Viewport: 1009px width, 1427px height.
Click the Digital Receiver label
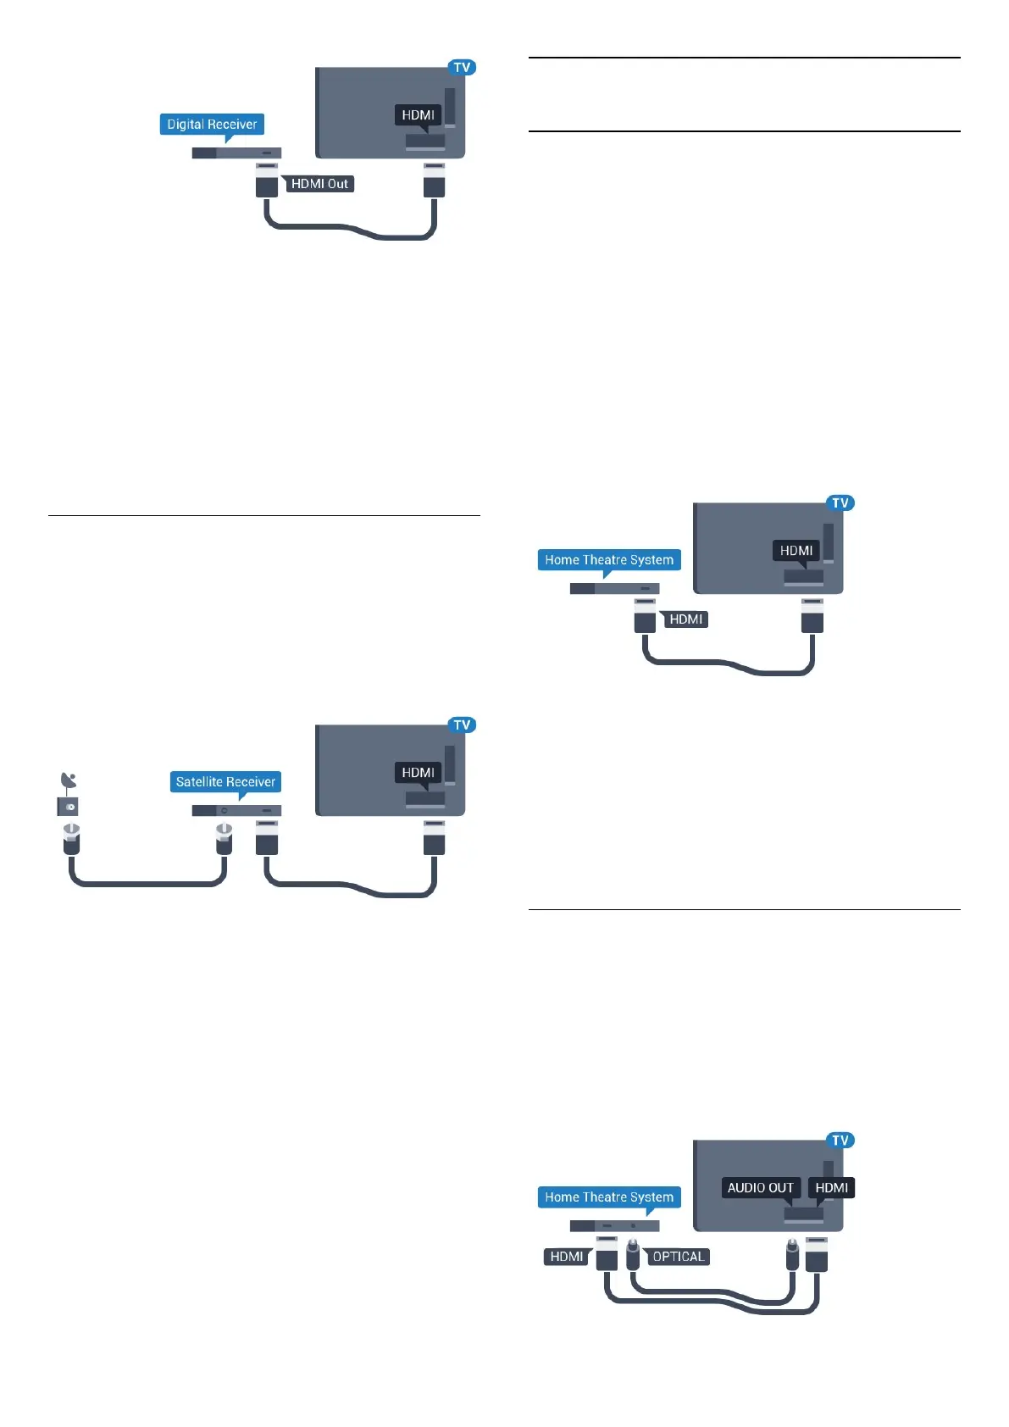(x=212, y=125)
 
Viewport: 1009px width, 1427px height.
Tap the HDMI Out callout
(x=319, y=184)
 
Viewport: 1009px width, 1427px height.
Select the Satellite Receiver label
(x=225, y=782)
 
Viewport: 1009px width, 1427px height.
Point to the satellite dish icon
(x=69, y=780)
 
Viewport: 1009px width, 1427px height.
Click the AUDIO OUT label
(x=760, y=1188)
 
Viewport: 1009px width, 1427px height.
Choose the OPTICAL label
(x=679, y=1257)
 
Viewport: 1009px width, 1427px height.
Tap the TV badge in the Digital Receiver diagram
(x=462, y=68)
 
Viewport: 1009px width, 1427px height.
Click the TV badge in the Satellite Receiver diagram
(x=462, y=725)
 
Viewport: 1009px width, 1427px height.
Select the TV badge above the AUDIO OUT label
(x=840, y=1141)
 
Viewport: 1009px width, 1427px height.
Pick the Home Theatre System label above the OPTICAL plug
(x=609, y=1197)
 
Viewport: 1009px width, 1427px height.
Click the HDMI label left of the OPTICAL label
(x=566, y=1257)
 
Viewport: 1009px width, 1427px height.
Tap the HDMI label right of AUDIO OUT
(x=831, y=1188)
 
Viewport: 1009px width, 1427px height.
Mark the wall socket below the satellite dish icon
(x=68, y=807)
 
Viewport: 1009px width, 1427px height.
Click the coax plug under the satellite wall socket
(x=71, y=839)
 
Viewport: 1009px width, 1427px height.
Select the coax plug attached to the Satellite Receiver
(x=224, y=839)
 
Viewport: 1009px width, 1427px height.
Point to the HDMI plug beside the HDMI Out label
(x=267, y=181)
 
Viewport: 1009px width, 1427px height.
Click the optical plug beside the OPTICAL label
(x=633, y=1254)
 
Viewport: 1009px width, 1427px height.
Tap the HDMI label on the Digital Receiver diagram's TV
(x=418, y=115)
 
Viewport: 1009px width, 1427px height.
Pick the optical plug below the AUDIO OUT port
(x=792, y=1254)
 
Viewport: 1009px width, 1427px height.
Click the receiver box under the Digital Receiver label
(x=236, y=153)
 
